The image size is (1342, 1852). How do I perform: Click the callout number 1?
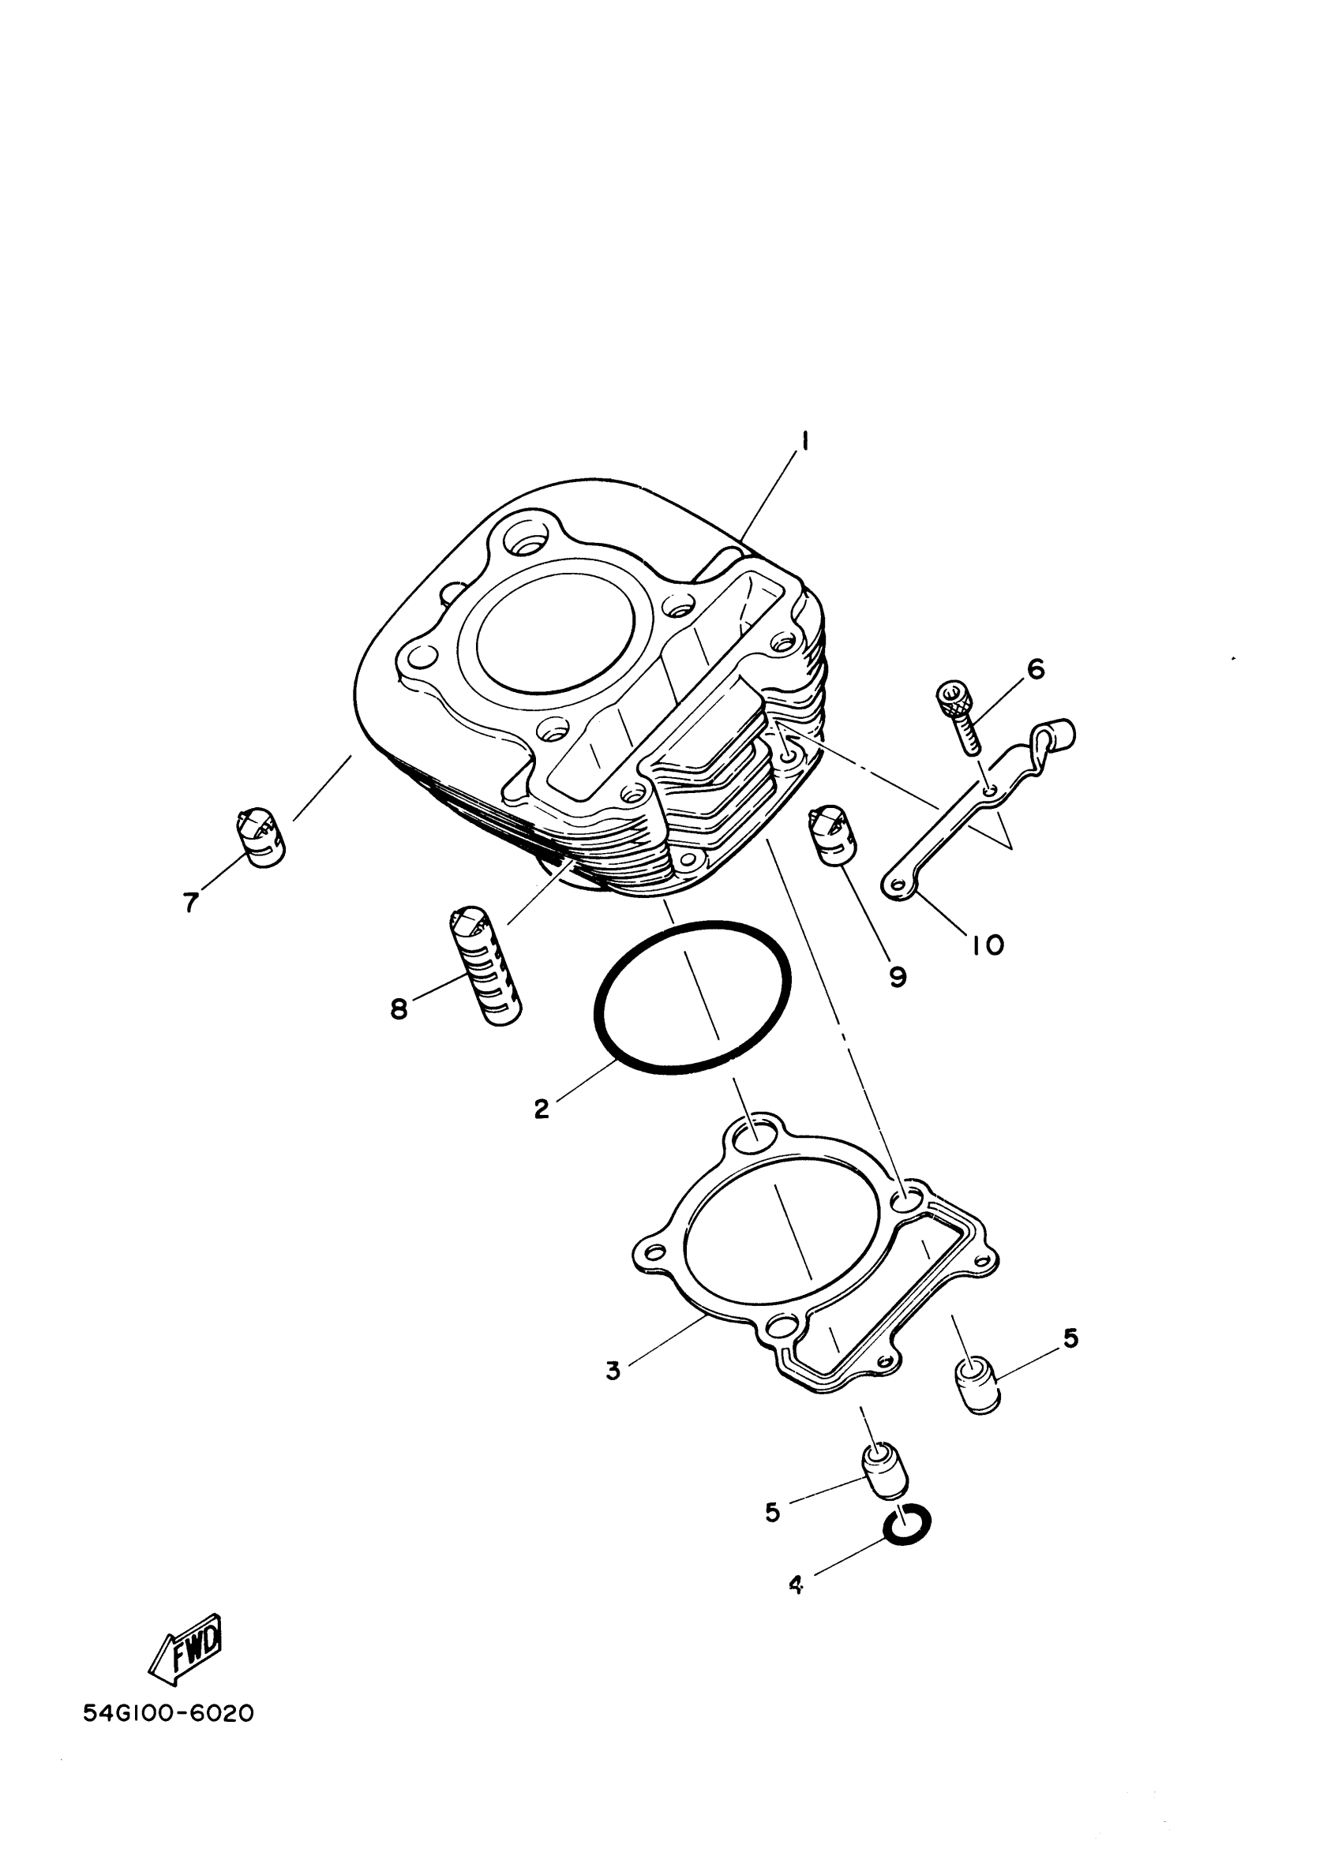[804, 442]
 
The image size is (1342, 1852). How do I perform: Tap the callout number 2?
[541, 1109]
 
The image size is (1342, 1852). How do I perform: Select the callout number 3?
[613, 1369]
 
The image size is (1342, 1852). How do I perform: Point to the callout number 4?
[797, 1585]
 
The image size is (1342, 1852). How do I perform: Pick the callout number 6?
[1035, 669]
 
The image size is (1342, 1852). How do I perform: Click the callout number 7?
[190, 902]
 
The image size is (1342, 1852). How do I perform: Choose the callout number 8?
[399, 1009]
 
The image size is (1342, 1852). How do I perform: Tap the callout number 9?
[898, 977]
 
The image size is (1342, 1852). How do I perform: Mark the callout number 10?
[988, 945]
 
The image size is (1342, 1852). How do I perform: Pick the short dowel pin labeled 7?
[261, 837]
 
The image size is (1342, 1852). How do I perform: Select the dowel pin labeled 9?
[830, 840]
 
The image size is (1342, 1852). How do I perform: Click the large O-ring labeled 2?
[691, 997]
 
